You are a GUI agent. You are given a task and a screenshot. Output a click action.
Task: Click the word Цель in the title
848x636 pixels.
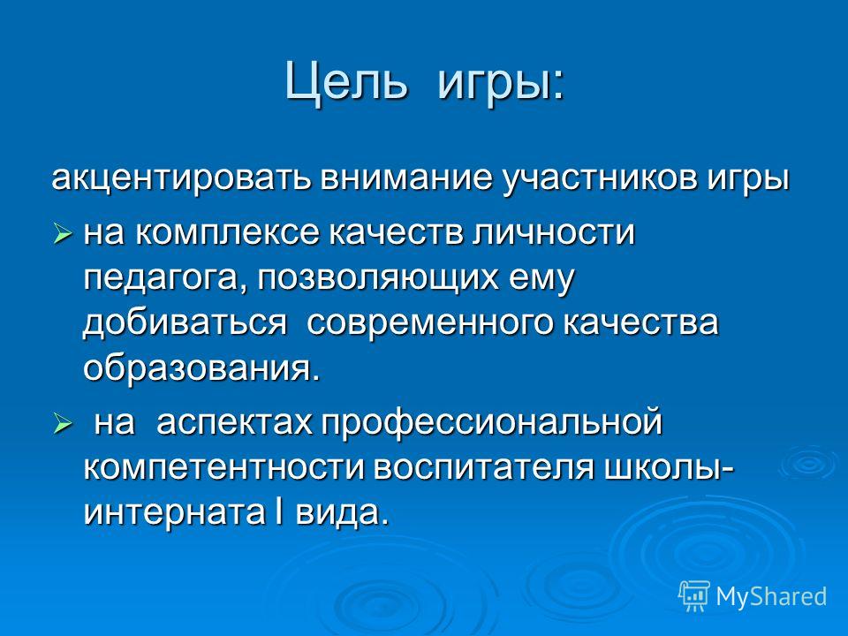[x=345, y=81]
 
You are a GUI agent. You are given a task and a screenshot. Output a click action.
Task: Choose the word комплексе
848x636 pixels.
[x=226, y=233]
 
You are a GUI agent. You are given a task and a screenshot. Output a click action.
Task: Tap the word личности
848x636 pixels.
[x=553, y=232]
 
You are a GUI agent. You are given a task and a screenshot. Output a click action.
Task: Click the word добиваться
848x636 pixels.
[x=185, y=323]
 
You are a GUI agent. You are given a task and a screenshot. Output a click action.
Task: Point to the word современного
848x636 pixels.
[x=430, y=323]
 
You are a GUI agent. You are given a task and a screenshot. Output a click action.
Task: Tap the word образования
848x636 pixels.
[x=201, y=369]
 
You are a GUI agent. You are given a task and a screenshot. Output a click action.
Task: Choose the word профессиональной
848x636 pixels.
[x=492, y=423]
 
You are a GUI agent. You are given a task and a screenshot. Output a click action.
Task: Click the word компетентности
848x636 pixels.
[x=224, y=468]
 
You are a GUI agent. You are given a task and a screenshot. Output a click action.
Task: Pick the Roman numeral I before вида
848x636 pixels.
[x=277, y=511]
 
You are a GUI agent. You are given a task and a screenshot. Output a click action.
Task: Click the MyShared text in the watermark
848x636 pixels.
[x=771, y=596]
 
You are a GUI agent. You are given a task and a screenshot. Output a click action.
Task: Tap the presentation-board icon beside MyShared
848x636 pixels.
[x=694, y=596]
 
